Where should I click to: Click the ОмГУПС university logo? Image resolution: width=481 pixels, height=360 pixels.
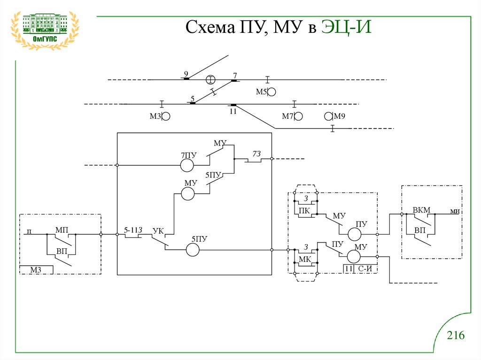point(45,31)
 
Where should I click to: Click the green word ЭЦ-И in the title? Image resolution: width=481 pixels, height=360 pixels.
point(346,27)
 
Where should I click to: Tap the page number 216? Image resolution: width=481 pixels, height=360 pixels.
point(456,335)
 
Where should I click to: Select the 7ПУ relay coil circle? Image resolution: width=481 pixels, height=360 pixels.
point(187,165)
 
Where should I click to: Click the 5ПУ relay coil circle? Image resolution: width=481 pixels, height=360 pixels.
point(193,250)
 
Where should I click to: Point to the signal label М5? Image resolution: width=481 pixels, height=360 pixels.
point(261,92)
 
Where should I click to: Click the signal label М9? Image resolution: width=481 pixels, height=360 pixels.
point(340,116)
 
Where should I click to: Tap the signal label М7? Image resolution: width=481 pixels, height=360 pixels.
point(288,116)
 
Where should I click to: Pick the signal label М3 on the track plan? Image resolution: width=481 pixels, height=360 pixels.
point(155,116)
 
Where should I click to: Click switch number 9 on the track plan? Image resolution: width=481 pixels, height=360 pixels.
point(186,74)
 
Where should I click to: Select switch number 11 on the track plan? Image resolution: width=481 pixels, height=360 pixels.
point(233,111)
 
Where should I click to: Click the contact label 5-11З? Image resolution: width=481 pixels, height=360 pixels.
point(133,230)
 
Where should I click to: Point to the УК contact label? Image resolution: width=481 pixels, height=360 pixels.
point(158,230)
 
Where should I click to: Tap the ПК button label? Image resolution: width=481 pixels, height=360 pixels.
point(304,211)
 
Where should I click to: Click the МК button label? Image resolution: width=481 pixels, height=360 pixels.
point(305,259)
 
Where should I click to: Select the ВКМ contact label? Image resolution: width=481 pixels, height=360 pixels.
point(421,210)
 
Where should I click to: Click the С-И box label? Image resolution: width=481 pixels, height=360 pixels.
point(365,269)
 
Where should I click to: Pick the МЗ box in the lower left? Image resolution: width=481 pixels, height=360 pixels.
point(36,270)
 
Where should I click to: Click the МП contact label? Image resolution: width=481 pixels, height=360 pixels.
point(62,230)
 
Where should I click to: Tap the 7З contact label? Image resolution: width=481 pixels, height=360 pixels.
point(256,153)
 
